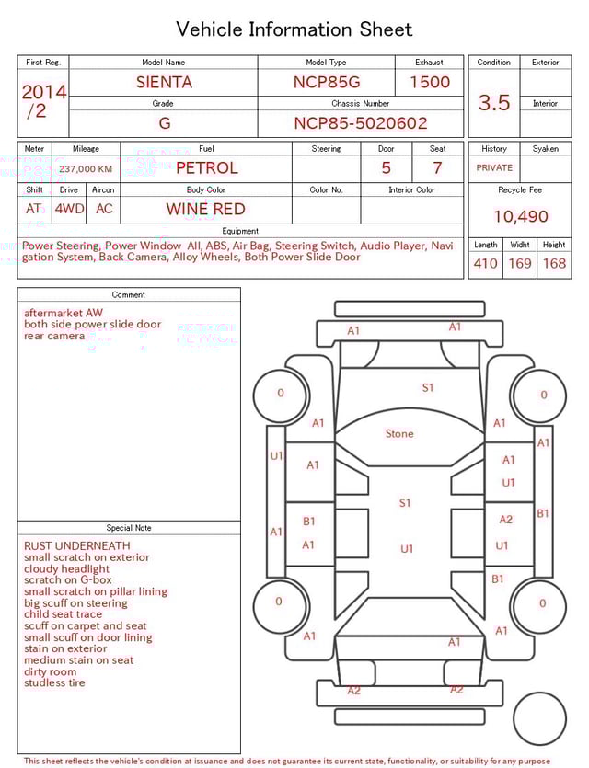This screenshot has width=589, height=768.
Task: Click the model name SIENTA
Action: (164, 82)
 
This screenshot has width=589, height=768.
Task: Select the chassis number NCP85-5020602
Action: (360, 123)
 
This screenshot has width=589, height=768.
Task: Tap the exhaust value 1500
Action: (429, 82)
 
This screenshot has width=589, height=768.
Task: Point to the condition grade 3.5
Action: (493, 103)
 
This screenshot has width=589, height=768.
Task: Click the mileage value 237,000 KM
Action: (86, 169)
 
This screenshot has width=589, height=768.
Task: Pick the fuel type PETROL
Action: (206, 168)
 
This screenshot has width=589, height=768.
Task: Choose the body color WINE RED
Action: (205, 209)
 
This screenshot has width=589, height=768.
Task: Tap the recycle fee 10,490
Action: (520, 217)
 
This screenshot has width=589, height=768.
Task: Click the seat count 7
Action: (437, 168)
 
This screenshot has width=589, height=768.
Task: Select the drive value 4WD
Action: (69, 209)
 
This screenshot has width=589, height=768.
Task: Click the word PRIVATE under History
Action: (494, 168)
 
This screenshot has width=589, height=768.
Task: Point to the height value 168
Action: (554, 264)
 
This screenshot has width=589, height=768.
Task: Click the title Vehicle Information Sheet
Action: (294, 29)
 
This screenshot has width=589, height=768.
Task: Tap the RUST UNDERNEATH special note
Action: (77, 546)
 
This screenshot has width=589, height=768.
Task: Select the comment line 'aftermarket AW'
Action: (64, 313)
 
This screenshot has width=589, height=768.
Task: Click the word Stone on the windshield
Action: (399, 433)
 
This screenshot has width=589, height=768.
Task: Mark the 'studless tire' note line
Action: (54, 683)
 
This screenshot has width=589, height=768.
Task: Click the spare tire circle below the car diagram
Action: (540, 719)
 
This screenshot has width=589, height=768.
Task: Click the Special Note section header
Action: (129, 528)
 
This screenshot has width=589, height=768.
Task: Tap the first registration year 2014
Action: (43, 92)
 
